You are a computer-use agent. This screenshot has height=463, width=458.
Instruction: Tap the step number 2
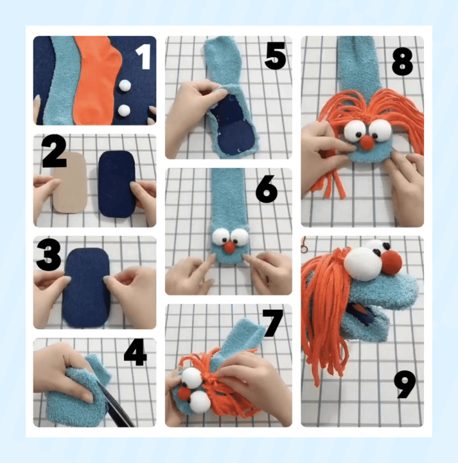point(54,151)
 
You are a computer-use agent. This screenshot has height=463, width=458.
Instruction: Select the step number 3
point(48,255)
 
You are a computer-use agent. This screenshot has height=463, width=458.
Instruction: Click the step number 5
point(276,55)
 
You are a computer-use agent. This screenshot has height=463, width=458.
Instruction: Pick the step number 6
point(267,189)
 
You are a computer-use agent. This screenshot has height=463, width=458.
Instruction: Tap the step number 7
point(273,323)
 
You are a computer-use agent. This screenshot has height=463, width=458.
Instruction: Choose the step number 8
point(403,62)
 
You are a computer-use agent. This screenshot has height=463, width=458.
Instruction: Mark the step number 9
point(405,384)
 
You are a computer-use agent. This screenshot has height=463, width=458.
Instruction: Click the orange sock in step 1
point(96,80)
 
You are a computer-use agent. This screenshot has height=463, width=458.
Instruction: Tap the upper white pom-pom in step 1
point(125,86)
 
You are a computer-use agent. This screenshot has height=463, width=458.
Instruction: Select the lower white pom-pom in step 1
point(124,111)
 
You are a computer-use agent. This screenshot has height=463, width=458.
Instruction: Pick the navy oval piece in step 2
point(117,185)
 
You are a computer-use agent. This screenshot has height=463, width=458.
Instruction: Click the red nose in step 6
point(229,247)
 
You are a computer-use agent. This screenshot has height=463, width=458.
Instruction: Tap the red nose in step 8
point(367,143)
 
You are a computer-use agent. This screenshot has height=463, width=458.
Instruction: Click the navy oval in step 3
point(87,287)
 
